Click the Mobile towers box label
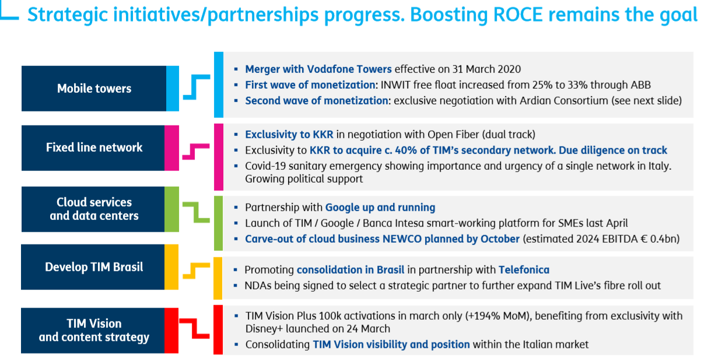94,89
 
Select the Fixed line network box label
94,148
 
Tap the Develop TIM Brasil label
94,267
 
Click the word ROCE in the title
518,15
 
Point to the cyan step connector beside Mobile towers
197,88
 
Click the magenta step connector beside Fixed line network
196,152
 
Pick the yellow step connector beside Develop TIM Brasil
196,271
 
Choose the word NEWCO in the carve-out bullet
402,239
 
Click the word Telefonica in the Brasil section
524,270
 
